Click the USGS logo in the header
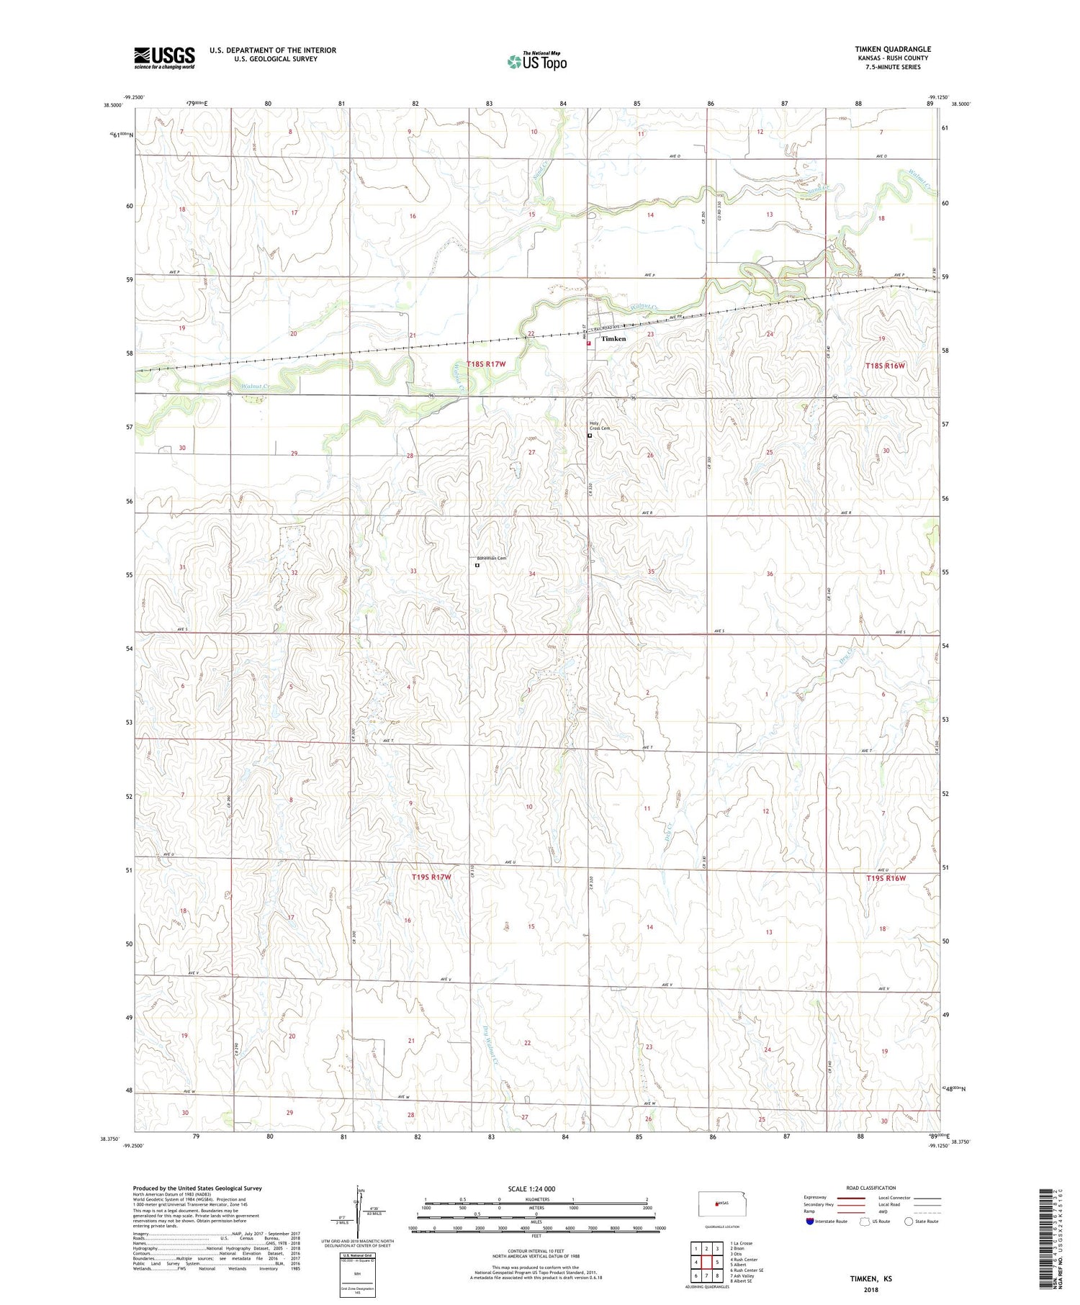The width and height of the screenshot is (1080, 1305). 164,58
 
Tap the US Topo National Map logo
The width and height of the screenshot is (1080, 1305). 537,61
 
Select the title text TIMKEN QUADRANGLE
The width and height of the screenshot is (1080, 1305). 892,49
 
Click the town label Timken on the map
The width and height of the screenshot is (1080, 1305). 613,338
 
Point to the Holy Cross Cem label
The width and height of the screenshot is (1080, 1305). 599,425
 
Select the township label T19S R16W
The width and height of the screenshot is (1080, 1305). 885,878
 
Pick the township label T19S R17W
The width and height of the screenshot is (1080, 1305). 431,877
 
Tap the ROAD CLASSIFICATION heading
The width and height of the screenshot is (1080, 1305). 871,1188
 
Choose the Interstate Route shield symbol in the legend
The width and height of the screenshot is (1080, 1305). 810,1222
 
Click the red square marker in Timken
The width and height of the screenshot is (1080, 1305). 588,343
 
